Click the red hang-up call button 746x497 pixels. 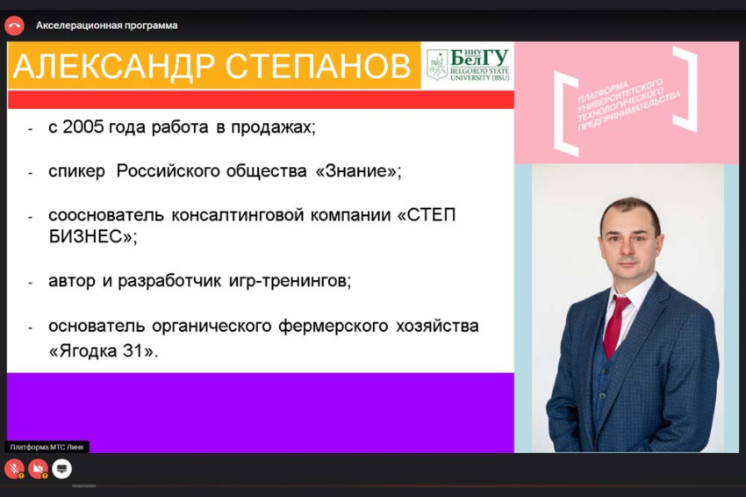coord(14,25)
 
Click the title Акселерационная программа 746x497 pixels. coord(106,25)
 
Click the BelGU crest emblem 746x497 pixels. coord(436,65)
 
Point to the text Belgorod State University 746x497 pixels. coord(479,73)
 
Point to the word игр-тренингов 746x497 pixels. coord(299,282)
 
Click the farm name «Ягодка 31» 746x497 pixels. coord(104,350)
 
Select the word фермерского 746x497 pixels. coord(337,327)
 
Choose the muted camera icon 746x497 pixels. coord(38,469)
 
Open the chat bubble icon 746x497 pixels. coord(62,469)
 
